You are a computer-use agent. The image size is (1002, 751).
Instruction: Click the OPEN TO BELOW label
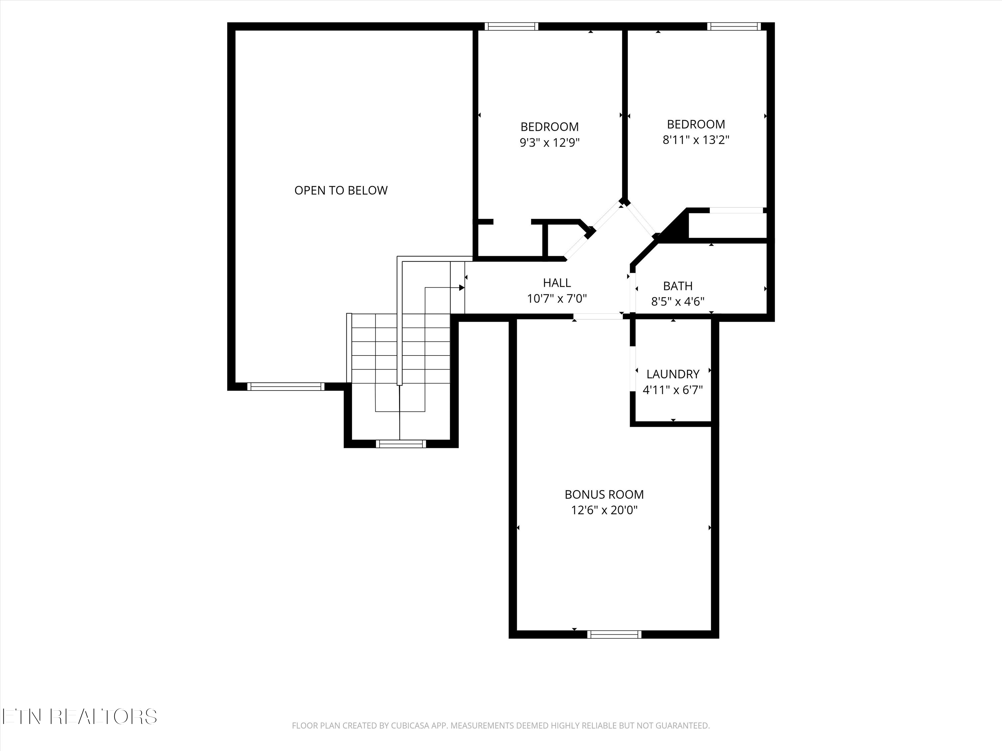tap(341, 191)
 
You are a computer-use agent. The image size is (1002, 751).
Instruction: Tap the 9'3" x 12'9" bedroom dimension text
tap(549, 143)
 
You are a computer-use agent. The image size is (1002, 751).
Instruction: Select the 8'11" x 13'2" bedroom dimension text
tap(696, 140)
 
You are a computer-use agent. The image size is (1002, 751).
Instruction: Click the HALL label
tap(557, 283)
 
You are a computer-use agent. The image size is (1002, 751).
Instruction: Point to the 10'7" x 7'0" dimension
tap(557, 299)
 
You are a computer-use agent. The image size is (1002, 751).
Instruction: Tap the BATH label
tap(678, 286)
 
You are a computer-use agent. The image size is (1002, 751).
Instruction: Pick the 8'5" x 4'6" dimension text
tap(678, 301)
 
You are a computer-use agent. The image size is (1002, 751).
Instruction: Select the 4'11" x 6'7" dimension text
tap(673, 390)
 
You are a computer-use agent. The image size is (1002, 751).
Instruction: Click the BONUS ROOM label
tap(604, 494)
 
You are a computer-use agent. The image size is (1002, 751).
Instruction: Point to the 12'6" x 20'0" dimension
tap(604, 510)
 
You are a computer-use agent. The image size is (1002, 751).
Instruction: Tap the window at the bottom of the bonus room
tap(614, 634)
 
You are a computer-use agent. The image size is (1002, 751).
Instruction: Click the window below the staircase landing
tap(401, 444)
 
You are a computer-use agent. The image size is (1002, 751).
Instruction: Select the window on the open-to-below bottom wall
tap(286, 387)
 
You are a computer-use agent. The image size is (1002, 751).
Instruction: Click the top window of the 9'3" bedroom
tap(511, 26)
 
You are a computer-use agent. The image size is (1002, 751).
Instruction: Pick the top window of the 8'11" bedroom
tap(734, 26)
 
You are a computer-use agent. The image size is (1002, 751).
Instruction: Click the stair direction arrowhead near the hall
tap(462, 287)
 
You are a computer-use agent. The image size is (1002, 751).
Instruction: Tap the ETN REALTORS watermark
tap(79, 717)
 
